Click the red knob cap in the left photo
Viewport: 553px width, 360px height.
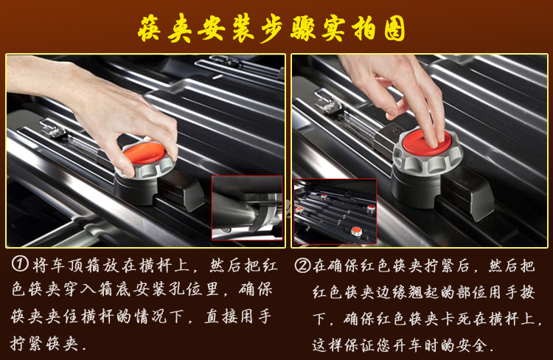pyautogui.click(x=145, y=153)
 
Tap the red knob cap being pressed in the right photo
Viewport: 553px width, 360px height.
pyautogui.click(x=426, y=143)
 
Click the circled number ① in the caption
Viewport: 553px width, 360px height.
pyautogui.click(x=20, y=264)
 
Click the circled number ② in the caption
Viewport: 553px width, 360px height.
pyautogui.click(x=302, y=266)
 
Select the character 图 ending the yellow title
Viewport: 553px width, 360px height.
pyautogui.click(x=394, y=28)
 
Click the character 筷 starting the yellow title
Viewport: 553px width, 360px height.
pyautogui.click(x=150, y=29)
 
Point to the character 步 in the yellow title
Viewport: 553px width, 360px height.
pyautogui.click(x=273, y=29)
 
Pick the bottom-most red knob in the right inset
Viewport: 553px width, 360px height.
pyautogui.click(x=356, y=231)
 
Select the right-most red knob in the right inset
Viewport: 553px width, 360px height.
pyautogui.click(x=370, y=208)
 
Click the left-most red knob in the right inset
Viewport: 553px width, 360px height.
pyautogui.click(x=299, y=210)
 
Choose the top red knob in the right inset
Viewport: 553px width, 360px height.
pyautogui.click(x=324, y=196)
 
